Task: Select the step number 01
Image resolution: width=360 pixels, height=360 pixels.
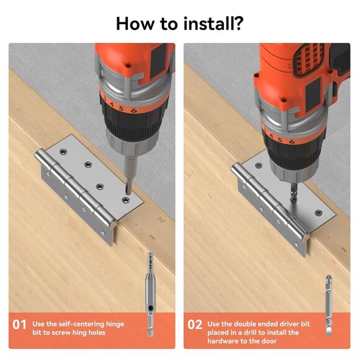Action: click(19, 325)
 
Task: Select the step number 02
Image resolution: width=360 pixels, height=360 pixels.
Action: click(195, 325)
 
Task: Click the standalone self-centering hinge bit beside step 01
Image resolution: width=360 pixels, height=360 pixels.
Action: click(150, 294)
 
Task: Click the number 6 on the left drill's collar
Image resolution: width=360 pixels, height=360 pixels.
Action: click(134, 110)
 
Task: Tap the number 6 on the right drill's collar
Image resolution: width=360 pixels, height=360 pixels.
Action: click(292, 142)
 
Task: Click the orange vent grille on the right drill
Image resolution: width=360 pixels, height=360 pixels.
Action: click(308, 60)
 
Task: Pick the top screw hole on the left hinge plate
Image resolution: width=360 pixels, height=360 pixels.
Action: click(63, 151)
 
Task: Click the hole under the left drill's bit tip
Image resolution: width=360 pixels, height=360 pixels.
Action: click(125, 200)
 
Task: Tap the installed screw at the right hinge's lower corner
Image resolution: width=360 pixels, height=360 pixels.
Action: click(318, 213)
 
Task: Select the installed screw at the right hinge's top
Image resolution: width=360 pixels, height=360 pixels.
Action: click(259, 165)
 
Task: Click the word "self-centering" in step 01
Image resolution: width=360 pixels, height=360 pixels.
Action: click(81, 324)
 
